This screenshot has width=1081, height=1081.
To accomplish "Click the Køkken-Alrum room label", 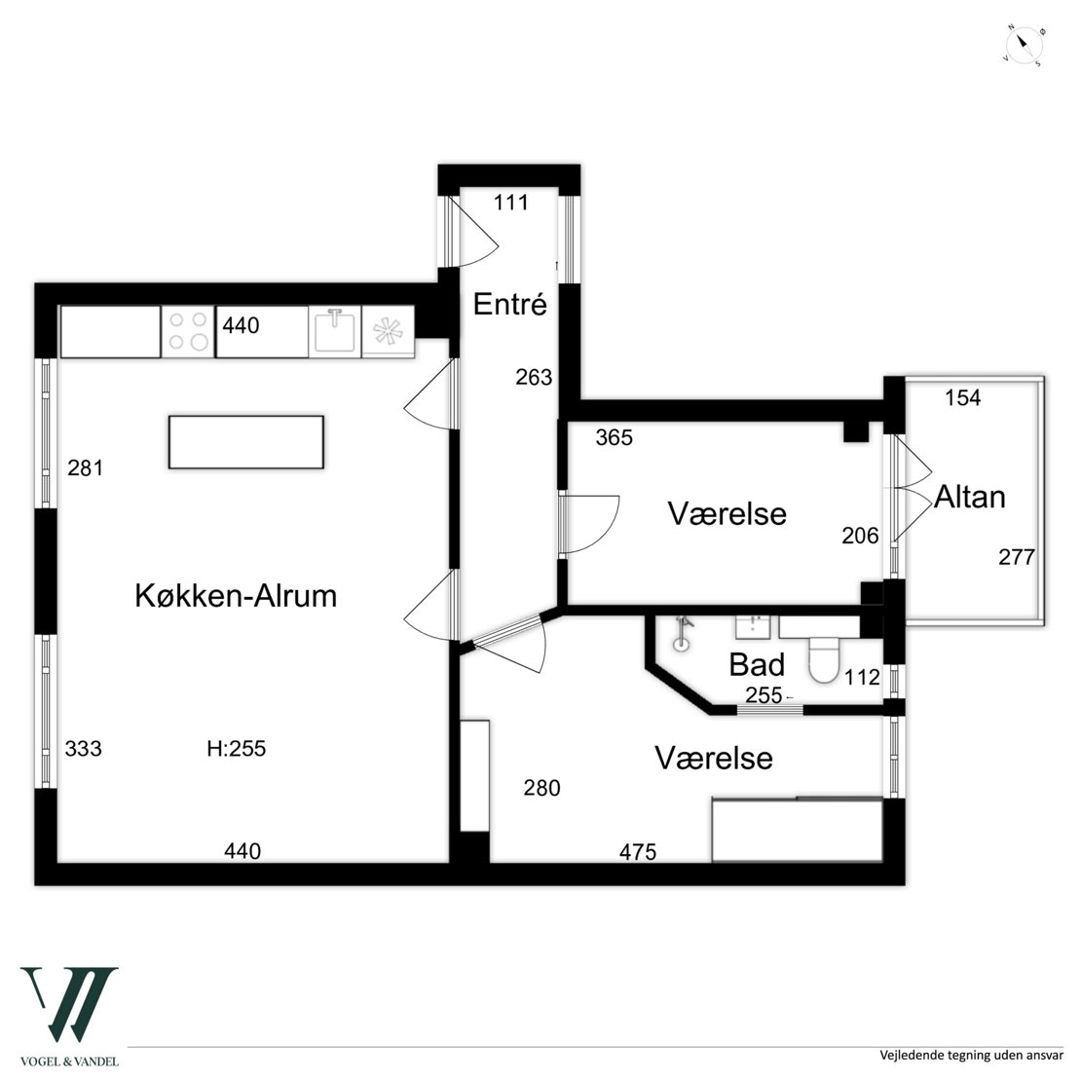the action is (x=236, y=596).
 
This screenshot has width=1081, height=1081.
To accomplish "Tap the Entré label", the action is (x=510, y=304).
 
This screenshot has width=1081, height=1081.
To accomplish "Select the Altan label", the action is (x=969, y=497).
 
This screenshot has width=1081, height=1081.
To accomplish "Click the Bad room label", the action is (x=757, y=665).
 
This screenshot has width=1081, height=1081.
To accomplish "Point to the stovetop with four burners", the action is (x=189, y=332).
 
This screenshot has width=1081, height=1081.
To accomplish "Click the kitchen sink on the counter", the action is (x=335, y=332).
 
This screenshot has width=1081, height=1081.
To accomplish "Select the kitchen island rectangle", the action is (x=246, y=442).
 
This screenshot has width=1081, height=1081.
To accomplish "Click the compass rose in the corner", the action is (x=1025, y=47).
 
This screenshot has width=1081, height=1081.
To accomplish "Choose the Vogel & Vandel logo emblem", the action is (x=69, y=1004).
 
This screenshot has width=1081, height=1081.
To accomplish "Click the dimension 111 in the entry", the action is (x=511, y=203).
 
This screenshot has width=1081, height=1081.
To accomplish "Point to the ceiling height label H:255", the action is (x=237, y=749).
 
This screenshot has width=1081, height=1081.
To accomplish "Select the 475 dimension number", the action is (x=638, y=853).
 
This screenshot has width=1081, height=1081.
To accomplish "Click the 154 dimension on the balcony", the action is (x=962, y=397).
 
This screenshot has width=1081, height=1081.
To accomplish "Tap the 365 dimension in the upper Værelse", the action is (x=615, y=438).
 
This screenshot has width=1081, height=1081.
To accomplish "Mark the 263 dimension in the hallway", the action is (x=535, y=377).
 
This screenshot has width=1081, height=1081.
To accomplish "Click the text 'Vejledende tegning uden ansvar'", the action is (x=971, y=1056).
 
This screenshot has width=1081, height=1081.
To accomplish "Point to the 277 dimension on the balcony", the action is (x=1017, y=557).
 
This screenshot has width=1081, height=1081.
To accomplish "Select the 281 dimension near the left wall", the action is (x=86, y=468).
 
